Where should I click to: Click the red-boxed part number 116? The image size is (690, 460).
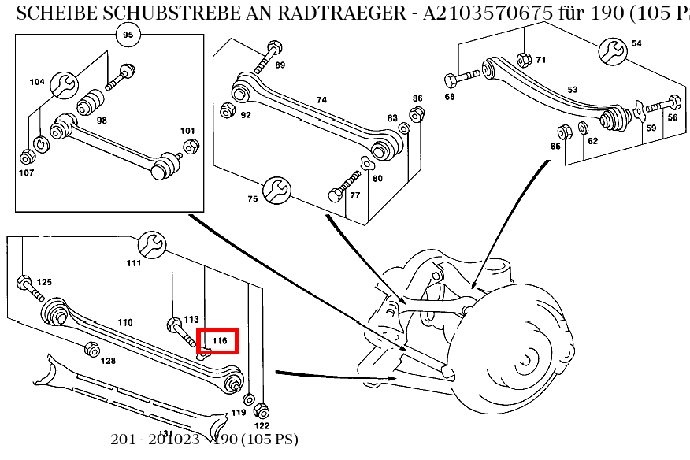[219, 341]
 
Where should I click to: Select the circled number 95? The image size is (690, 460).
[128, 34]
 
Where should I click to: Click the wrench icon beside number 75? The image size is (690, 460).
[277, 188]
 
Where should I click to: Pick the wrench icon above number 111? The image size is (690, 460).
[152, 244]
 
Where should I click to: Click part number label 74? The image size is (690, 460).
[321, 100]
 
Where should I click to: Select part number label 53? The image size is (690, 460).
[573, 90]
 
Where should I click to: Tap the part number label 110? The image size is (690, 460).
[124, 322]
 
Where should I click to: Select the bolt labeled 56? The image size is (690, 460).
[663, 103]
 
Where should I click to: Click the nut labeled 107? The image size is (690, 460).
[26, 156]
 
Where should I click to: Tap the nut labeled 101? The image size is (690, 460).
[189, 146]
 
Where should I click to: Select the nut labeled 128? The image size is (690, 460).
[91, 351]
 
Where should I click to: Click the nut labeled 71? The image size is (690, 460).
[522, 59]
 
